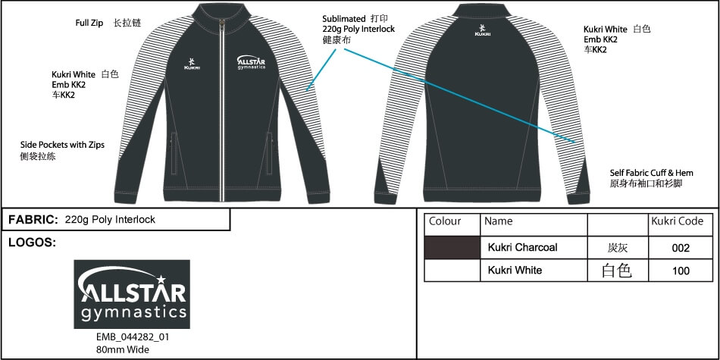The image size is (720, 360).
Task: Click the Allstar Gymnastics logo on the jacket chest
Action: (251, 62)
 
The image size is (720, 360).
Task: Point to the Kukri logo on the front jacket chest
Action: (192, 64)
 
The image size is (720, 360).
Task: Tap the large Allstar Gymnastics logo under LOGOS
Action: (132, 294)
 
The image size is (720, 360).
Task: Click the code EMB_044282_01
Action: (133, 337)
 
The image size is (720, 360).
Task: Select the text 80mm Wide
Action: (123, 349)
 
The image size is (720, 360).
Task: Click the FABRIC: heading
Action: (33, 220)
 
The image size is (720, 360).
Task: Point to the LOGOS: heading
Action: (32, 243)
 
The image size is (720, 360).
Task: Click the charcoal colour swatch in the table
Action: (452, 248)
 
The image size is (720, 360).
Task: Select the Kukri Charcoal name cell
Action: (522, 248)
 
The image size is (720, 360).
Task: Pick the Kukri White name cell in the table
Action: (515, 270)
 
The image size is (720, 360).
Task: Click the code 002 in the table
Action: (681, 248)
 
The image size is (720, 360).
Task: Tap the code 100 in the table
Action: (681, 271)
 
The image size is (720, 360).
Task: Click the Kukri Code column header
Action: (678, 221)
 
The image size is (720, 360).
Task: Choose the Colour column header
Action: (445, 221)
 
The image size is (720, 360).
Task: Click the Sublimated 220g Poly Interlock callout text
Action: (358, 30)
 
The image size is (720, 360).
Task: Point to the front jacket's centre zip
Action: (223, 110)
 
